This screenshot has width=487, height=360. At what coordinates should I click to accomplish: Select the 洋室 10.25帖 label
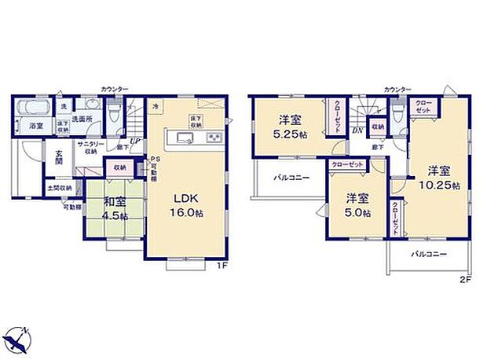438,178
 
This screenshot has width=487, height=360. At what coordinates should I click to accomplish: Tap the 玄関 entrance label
59,156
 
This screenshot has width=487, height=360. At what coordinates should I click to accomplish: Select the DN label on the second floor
357,131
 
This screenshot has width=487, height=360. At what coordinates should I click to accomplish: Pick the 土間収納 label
60,188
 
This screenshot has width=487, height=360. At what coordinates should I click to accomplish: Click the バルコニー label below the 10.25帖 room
429,255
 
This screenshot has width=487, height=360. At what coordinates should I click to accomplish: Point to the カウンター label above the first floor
115,89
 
